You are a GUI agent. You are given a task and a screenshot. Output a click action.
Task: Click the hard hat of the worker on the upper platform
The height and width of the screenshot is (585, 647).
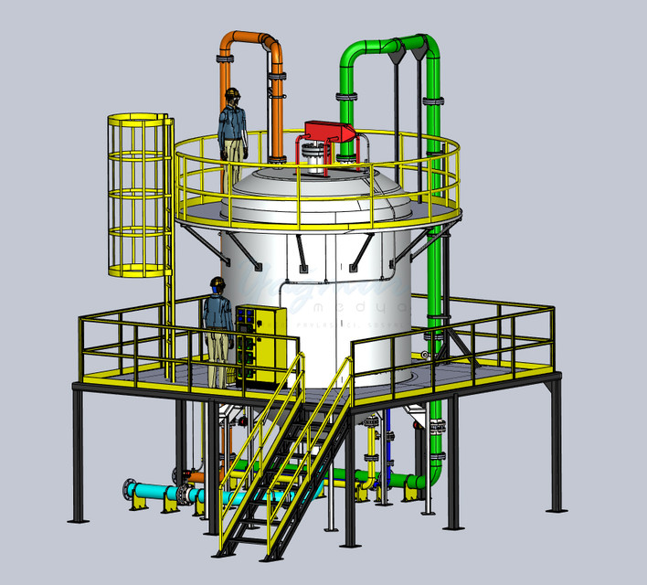tap(233, 93)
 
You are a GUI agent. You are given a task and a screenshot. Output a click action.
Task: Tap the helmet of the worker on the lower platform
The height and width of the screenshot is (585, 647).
tap(217, 282)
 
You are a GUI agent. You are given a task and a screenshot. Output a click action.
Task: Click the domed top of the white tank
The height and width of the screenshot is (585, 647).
tap(302, 187)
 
